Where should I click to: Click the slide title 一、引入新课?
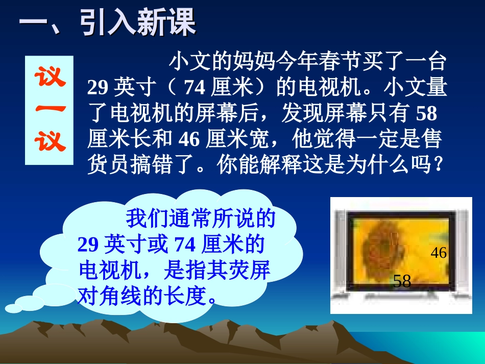[x=107, y=23]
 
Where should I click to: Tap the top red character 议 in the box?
[x=50, y=78]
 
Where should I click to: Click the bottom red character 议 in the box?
[x=50, y=141]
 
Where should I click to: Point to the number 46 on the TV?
[x=439, y=253]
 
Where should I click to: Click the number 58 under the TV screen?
[x=402, y=281]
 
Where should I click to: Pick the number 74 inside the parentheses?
[x=194, y=89]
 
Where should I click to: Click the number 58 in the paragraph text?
[x=426, y=114]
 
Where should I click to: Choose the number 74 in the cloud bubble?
[x=185, y=246]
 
